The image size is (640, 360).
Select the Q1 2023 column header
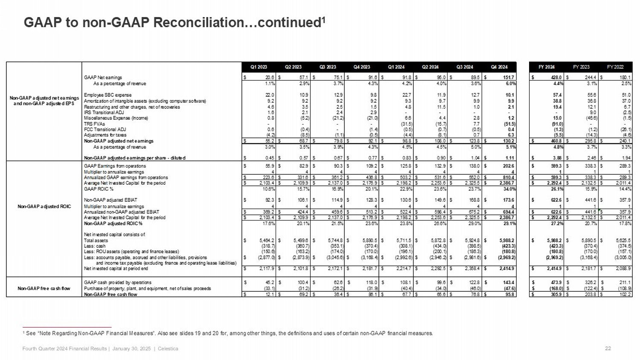[259, 67]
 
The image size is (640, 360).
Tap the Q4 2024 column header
[499, 67]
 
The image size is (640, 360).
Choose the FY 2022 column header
[615, 67]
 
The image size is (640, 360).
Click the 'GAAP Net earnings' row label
[103, 78]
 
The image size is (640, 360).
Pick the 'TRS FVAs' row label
[94, 124]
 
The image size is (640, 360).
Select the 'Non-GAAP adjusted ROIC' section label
[44, 206]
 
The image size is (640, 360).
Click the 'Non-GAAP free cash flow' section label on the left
[44, 288]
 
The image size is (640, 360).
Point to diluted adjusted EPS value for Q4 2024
[510, 158]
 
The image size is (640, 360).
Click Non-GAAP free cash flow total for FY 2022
[624, 294]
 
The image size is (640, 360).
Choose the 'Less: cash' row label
[95, 246]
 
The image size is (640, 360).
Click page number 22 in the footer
[608, 348]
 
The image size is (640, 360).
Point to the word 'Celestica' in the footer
[168, 348]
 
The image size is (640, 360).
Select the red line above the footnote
[67, 327]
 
